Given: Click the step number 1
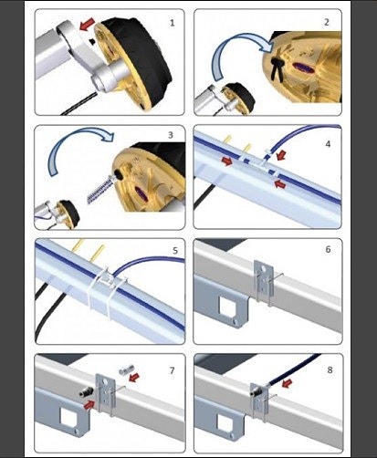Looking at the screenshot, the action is point(173,23).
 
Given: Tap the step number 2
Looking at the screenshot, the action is point(327,22).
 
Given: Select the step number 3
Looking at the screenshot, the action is point(171,135).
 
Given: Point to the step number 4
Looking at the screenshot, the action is point(328,144).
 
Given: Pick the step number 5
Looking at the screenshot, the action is point(175,251).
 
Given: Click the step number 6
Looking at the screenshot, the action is point(328,249).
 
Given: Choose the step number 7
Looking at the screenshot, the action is point(173,370).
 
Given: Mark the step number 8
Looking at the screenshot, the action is point(330,370).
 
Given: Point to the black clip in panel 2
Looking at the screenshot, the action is point(278,68).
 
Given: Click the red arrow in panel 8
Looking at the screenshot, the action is point(288,383).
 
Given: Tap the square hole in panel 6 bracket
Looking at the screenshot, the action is point(228,307).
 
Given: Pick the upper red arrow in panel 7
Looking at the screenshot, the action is point(134,378).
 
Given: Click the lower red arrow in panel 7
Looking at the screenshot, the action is point(89,405).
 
